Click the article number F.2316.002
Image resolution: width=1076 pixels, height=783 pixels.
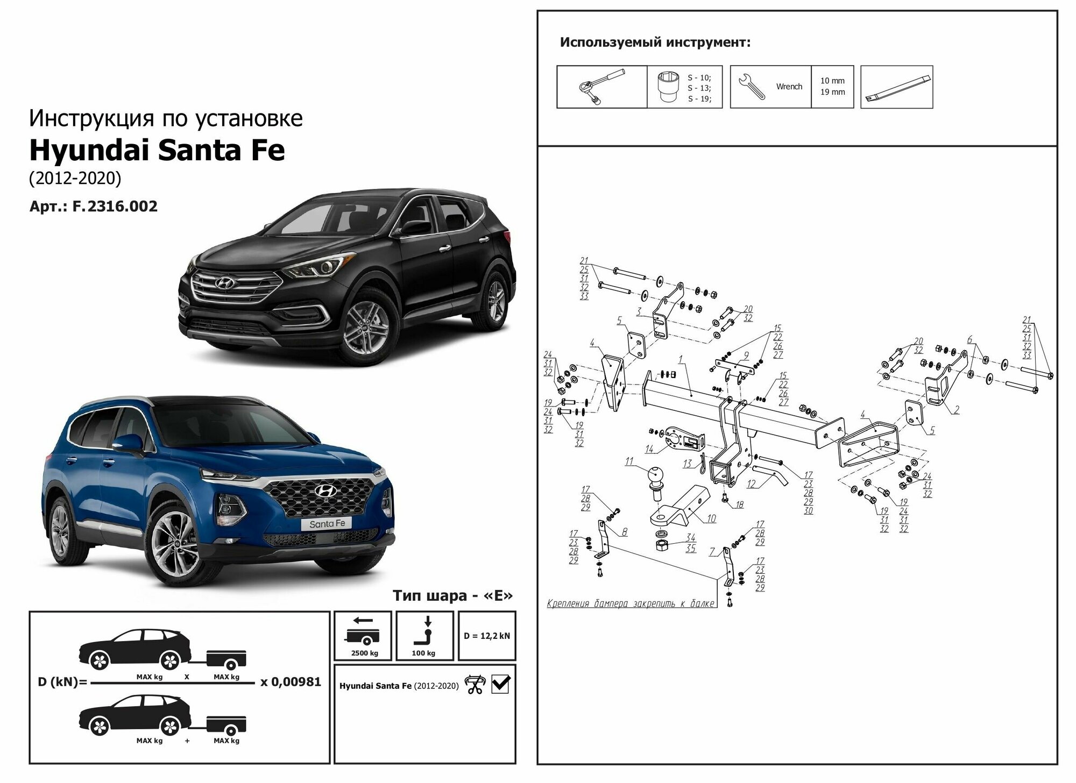point(115,207)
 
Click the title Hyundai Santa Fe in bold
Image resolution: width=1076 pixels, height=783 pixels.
point(157,151)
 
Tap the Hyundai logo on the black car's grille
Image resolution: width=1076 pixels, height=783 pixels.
point(221,282)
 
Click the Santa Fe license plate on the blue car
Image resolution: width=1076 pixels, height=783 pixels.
point(327,523)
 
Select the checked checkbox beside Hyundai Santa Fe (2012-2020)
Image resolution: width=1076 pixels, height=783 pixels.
point(500,684)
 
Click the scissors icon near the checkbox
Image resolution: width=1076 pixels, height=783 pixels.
point(475,685)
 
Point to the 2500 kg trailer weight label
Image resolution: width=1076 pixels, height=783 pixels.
point(364,653)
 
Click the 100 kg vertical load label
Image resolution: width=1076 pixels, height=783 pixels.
point(423,653)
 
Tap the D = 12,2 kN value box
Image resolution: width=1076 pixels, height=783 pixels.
point(486,636)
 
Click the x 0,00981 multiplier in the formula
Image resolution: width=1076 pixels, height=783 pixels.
point(291,682)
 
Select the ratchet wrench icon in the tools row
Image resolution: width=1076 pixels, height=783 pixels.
point(600,86)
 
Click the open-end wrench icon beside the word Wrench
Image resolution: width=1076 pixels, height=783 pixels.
point(752,87)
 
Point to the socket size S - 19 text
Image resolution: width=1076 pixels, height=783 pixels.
point(699,99)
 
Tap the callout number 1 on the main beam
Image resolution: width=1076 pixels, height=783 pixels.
point(681,359)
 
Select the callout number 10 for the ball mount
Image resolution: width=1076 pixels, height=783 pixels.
point(711,519)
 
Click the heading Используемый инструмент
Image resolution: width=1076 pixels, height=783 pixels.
point(655,42)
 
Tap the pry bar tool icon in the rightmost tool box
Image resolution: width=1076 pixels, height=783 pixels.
point(897,87)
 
